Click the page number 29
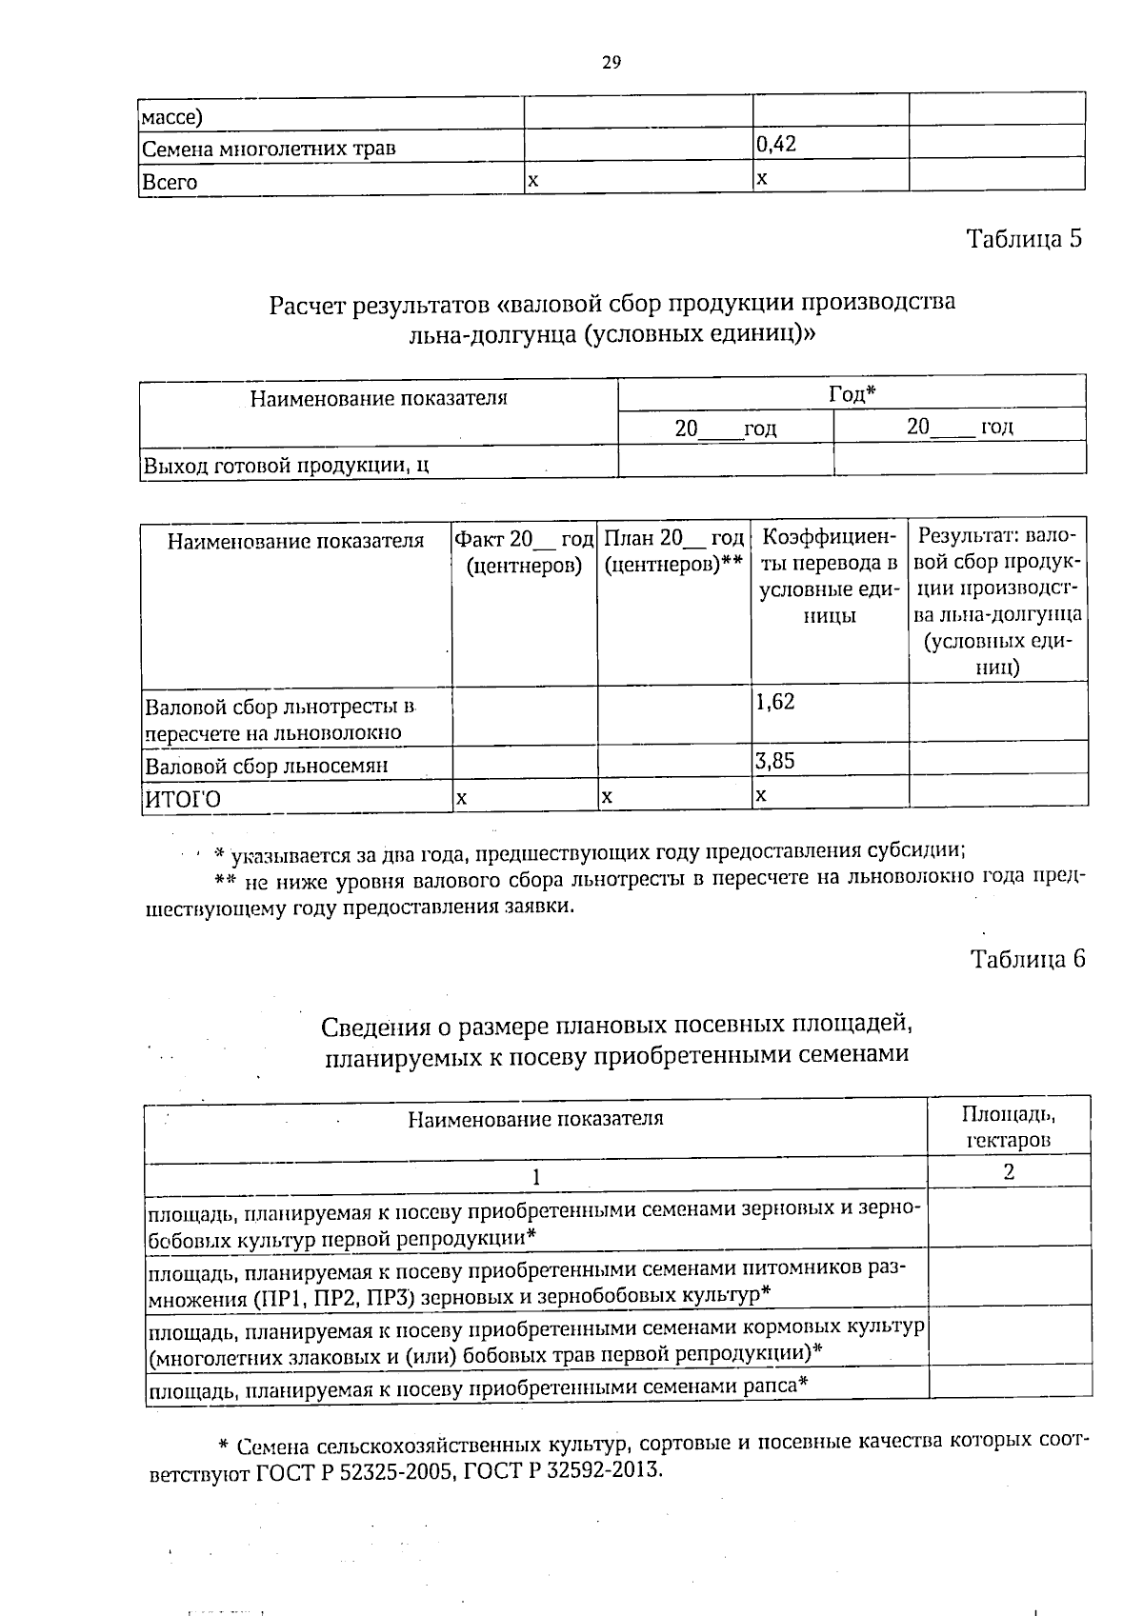tap(611, 63)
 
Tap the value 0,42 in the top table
tap(775, 144)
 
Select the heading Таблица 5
tap(1024, 238)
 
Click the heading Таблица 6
tap(1027, 959)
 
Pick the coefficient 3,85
tap(774, 761)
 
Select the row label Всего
tap(170, 182)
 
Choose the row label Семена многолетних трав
tap(269, 149)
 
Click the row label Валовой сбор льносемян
tap(267, 766)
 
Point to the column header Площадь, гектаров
tap(1008, 1127)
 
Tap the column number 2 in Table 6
tap(1008, 1172)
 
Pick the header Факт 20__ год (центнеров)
tap(524, 552)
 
